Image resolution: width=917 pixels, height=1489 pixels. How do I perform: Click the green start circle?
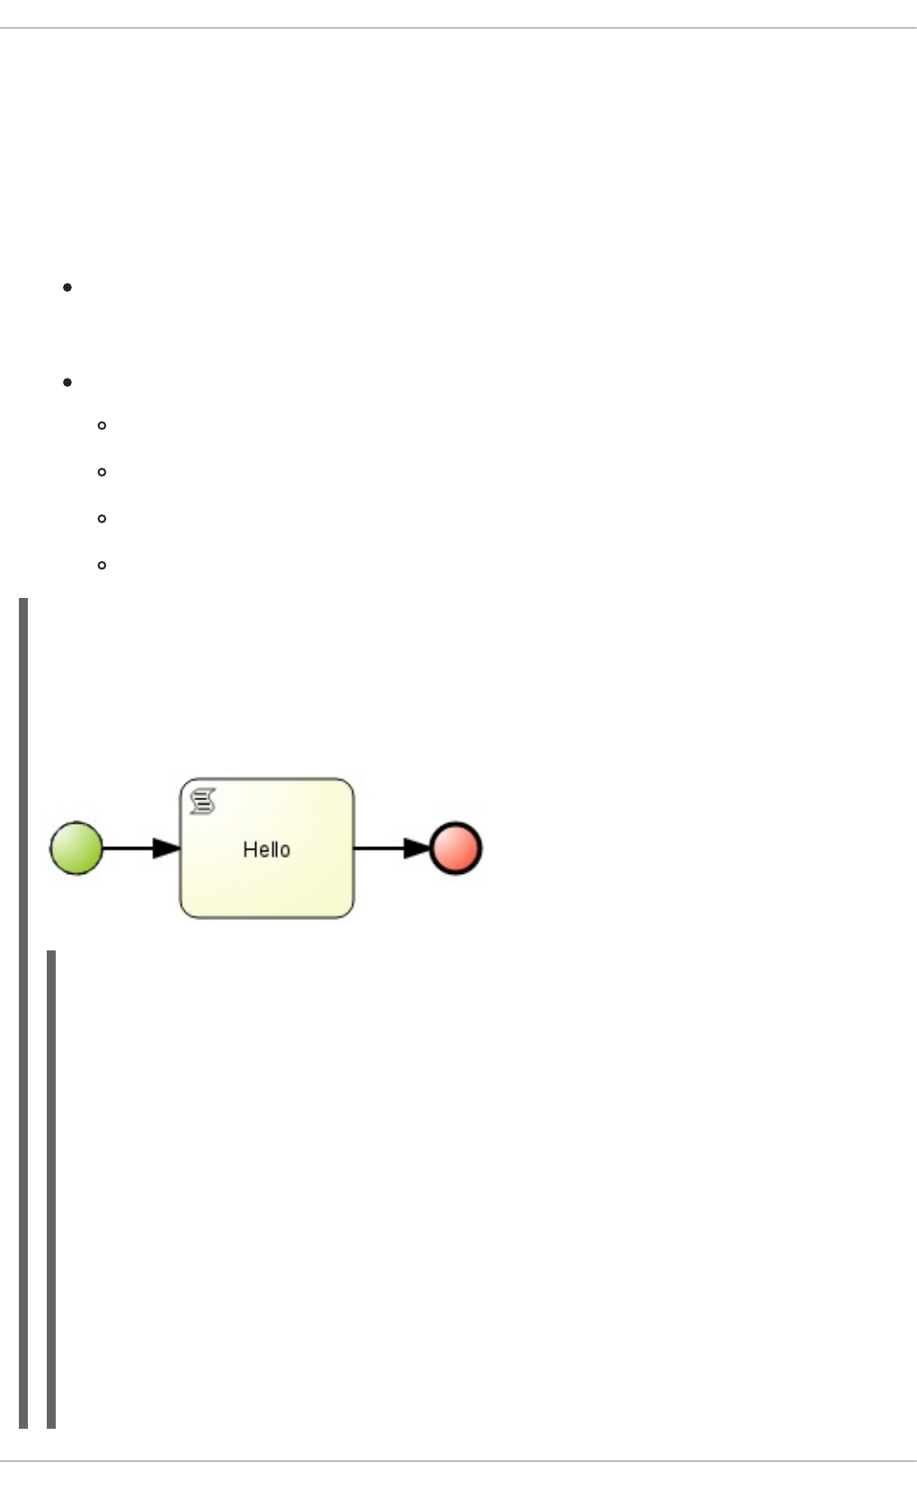click(76, 847)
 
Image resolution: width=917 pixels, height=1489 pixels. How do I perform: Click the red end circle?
click(456, 848)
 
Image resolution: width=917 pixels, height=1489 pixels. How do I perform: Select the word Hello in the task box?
click(266, 850)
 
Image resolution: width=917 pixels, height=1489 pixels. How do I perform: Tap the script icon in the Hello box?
click(203, 800)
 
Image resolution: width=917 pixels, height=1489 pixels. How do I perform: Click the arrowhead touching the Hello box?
click(166, 848)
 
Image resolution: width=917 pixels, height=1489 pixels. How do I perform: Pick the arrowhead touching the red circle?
click(416, 848)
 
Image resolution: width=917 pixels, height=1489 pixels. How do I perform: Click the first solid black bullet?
click(67, 288)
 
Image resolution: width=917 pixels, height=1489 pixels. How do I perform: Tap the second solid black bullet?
click(67, 382)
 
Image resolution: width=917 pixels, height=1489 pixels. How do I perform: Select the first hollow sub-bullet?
click(102, 425)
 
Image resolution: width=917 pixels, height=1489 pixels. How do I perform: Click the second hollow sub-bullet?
click(102, 472)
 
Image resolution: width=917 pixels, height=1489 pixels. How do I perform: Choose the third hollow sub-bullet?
click(102, 519)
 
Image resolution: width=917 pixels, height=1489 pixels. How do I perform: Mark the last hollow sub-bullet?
click(102, 566)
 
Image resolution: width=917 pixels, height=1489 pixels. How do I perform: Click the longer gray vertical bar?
click(23, 1012)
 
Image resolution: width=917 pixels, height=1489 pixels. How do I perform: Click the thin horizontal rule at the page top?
click(458, 29)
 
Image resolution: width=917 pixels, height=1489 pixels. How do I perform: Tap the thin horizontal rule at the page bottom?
click(458, 1461)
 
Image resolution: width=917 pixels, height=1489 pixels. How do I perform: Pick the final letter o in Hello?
click(285, 851)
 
